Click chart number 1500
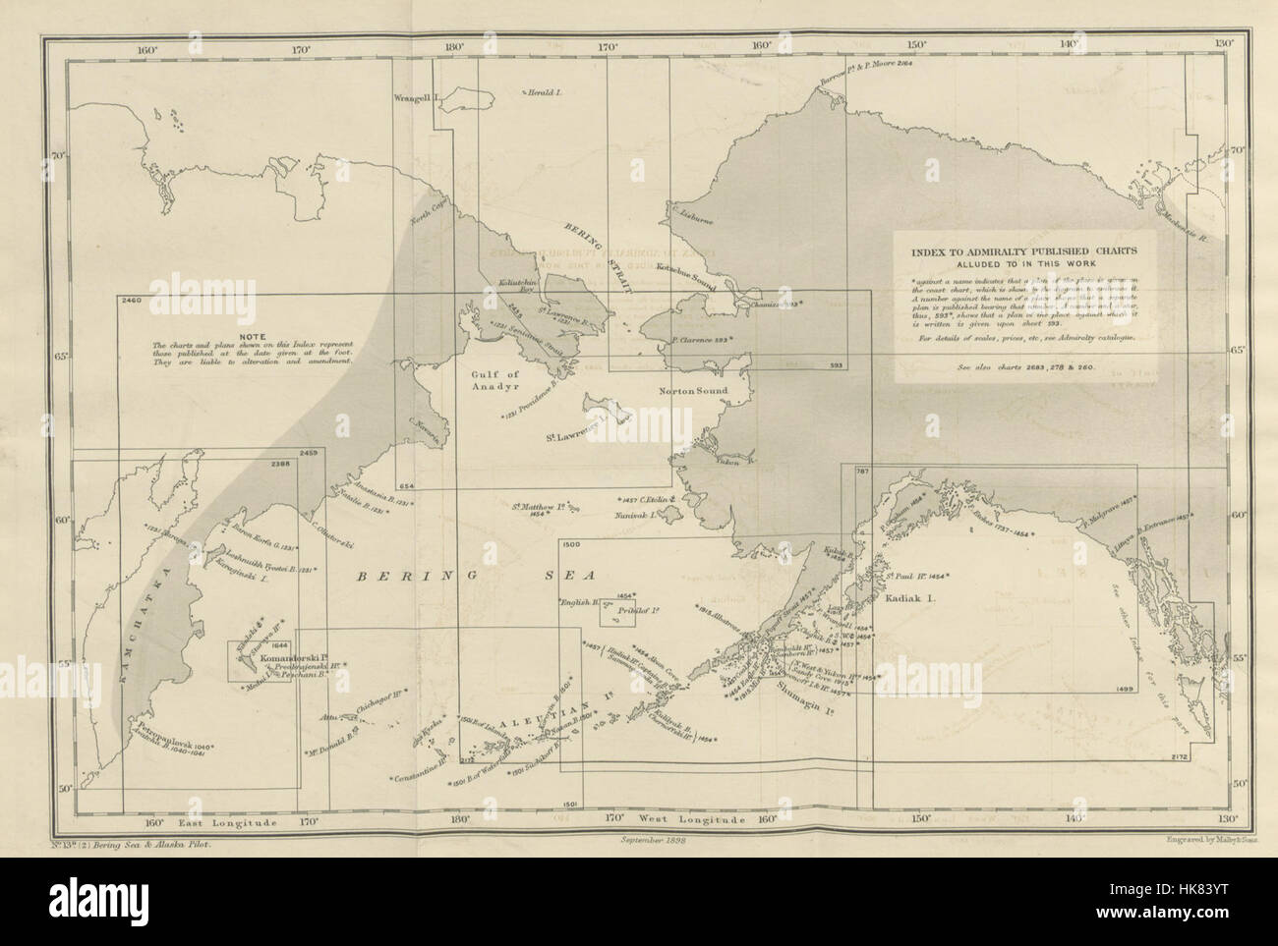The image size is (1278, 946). [x=572, y=542]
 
